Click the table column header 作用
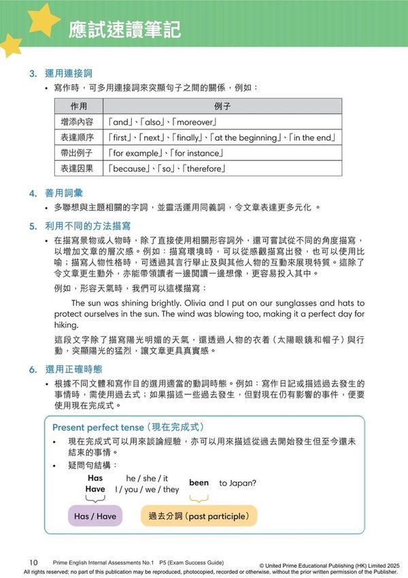(79, 107)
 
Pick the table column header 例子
(222, 107)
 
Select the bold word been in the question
(199, 483)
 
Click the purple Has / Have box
(95, 516)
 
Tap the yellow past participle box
(199, 516)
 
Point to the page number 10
(33, 562)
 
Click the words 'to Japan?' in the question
(237, 483)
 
